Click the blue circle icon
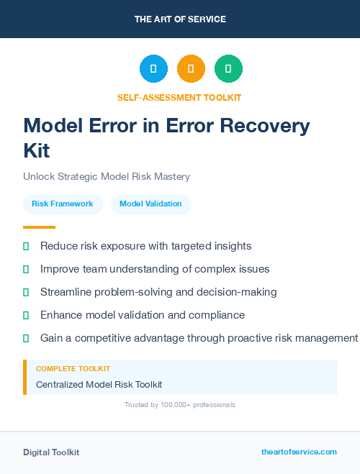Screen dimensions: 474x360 click(153, 68)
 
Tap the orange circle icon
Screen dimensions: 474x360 click(191, 68)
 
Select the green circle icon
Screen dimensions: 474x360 click(228, 68)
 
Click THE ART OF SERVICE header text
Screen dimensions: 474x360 click(180, 19)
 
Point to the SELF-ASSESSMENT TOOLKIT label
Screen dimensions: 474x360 click(179, 97)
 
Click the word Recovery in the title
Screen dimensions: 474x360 click(267, 126)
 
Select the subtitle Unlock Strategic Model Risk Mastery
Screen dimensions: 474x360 click(106, 176)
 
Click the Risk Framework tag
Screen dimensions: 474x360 click(62, 204)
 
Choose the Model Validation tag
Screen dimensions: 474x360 click(150, 204)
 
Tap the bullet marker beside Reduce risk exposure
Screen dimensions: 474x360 click(26, 246)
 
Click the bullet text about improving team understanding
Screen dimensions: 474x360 click(155, 269)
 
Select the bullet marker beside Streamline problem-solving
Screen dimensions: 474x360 click(26, 292)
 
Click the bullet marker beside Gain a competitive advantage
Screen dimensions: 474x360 click(26, 338)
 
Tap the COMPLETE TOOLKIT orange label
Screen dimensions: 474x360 click(73, 369)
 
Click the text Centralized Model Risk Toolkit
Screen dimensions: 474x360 click(99, 384)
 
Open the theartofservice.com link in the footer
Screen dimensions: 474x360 click(299, 452)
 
